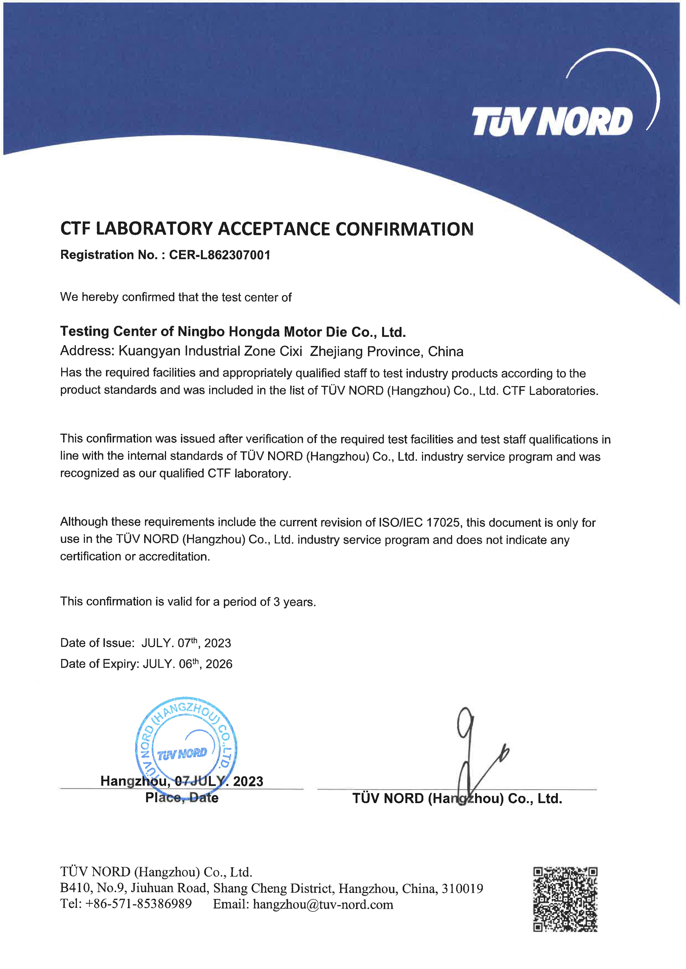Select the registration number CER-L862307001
click(220, 255)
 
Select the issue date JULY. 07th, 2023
click(186, 643)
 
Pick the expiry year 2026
click(219, 664)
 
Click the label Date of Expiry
click(99, 664)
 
